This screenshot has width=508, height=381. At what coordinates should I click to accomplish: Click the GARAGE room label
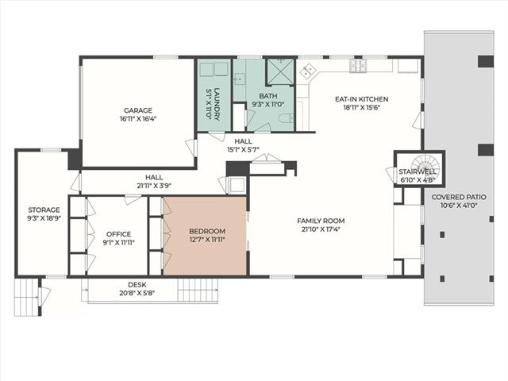(138, 110)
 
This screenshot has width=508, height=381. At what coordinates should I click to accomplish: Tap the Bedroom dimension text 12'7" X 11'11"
(207, 240)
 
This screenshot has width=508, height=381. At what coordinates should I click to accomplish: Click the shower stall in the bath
(280, 71)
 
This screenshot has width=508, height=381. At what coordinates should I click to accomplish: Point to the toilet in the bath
(286, 118)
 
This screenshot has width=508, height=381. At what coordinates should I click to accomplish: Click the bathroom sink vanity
(240, 79)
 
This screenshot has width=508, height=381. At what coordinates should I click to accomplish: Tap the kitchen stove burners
(356, 65)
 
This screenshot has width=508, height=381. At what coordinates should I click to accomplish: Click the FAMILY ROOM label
(321, 221)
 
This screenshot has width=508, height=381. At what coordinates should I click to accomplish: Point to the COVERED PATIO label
(459, 197)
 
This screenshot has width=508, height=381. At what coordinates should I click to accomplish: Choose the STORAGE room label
(44, 210)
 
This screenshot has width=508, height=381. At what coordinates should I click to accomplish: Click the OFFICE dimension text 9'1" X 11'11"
(118, 242)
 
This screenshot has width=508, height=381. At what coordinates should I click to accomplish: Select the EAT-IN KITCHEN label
(362, 99)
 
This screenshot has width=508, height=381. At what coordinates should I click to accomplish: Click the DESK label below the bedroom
(137, 285)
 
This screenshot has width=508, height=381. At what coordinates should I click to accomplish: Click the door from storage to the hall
(76, 183)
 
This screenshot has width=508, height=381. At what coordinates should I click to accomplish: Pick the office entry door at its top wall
(133, 199)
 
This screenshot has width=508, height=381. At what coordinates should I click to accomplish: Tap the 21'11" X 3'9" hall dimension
(154, 186)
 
